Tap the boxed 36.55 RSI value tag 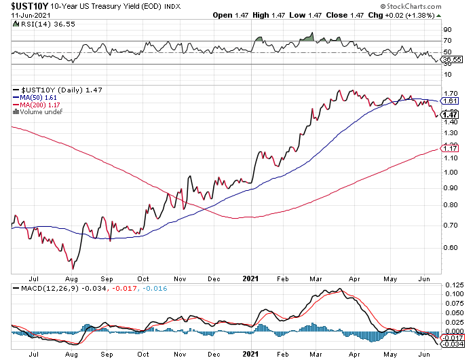[x=452, y=60]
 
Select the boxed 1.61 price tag [x=451, y=101]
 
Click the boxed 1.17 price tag [x=451, y=148]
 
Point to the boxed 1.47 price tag [x=451, y=115]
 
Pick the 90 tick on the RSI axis [x=448, y=30]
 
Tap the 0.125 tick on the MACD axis [x=452, y=284]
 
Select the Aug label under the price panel [x=71, y=278]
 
